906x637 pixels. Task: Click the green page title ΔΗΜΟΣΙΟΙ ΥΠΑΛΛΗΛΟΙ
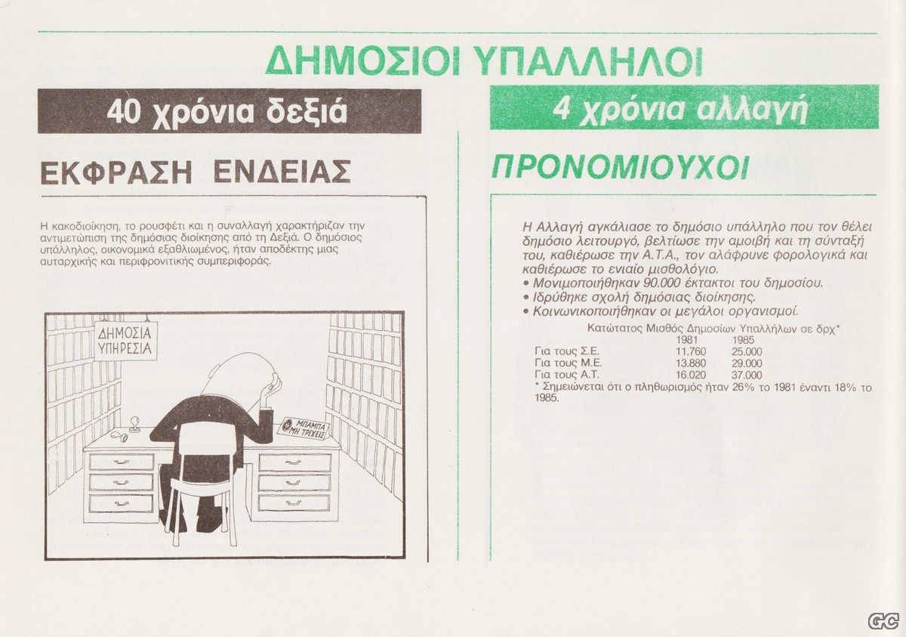coord(484,62)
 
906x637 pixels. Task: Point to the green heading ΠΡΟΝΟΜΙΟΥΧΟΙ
coord(620,167)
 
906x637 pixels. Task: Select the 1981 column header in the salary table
coord(687,339)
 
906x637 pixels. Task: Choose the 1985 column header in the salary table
coord(743,339)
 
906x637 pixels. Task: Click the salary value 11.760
coord(692,351)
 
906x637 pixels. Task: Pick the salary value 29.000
coord(747,363)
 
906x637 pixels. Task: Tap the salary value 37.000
coord(747,375)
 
